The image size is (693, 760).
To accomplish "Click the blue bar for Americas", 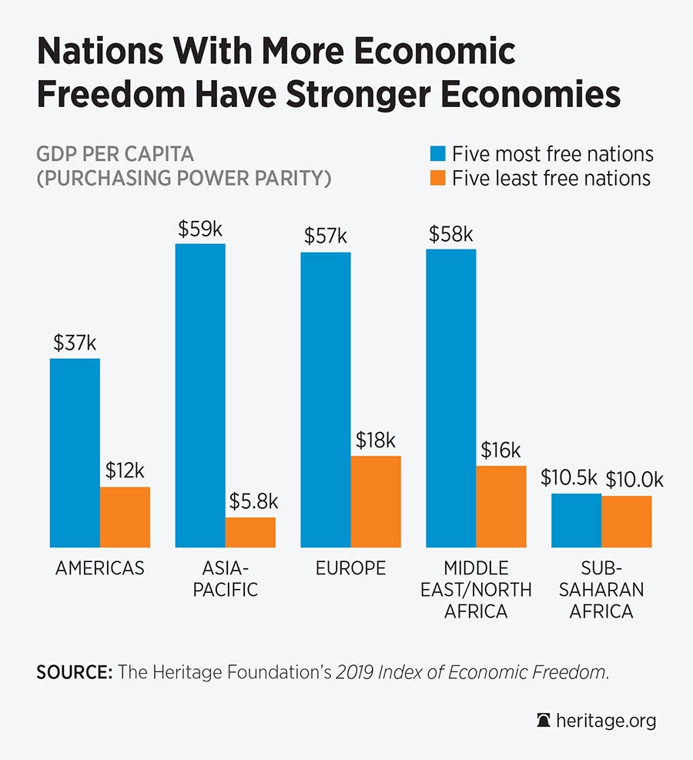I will (75, 453).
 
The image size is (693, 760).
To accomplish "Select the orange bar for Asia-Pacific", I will (250, 532).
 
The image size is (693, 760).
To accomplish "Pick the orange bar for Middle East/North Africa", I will (501, 507).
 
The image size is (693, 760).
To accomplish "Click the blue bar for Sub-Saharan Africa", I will (576, 521).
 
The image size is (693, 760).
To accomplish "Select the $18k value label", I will (375, 440).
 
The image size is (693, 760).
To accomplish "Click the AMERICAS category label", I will (100, 569).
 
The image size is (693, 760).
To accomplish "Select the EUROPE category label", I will (350, 569).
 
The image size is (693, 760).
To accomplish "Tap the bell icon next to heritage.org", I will (544, 721).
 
